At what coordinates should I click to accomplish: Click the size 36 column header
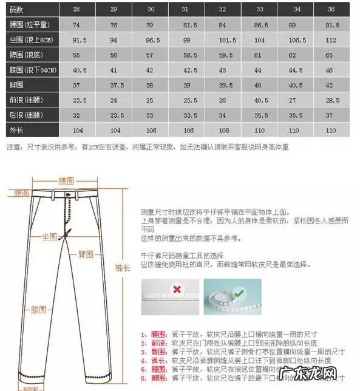tap(330, 10)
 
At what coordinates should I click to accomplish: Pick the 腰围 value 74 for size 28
tap(77, 25)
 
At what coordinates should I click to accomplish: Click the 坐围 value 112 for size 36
tap(330, 40)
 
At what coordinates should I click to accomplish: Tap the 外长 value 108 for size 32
tap(223, 131)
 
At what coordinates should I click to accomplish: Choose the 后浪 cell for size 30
tap(151, 115)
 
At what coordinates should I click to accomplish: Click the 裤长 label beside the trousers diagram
tap(123, 267)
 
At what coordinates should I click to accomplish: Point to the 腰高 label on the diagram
tap(22, 193)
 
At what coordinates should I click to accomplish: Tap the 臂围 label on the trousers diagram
tap(84, 254)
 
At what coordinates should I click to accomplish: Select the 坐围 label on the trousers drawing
tap(49, 235)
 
